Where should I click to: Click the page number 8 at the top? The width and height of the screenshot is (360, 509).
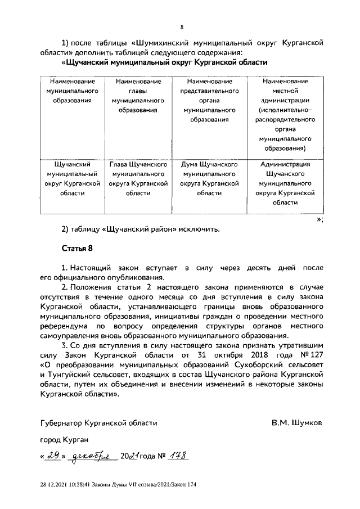point(181,26)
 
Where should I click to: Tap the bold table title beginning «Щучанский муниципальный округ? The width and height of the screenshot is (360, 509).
point(163,62)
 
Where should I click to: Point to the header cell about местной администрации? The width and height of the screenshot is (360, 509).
point(287,115)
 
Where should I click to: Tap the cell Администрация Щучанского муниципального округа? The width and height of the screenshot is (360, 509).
point(287,183)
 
